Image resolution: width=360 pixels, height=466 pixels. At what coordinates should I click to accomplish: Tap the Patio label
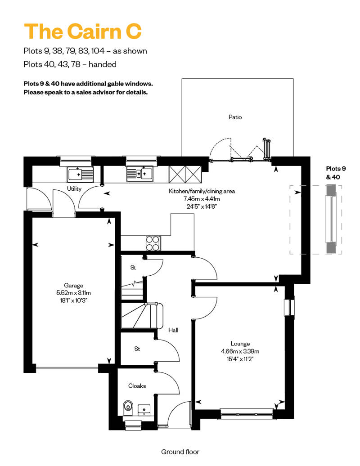tap(235, 117)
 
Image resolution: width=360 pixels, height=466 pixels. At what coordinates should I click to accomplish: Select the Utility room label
tap(74, 189)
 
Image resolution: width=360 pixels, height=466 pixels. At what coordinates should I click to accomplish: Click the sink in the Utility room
tap(80, 173)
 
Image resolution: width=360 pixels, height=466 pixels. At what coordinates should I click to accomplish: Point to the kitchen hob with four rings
tap(153, 243)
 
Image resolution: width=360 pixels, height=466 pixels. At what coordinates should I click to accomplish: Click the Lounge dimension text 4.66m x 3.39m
tap(240, 351)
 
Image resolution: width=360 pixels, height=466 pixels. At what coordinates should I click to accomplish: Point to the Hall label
tap(173, 330)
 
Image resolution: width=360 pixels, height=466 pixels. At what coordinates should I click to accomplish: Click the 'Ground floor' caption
tap(180, 452)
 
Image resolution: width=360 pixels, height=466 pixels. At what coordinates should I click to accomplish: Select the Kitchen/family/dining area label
tap(202, 191)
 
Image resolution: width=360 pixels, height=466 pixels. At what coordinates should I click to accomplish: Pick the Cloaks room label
tap(137, 385)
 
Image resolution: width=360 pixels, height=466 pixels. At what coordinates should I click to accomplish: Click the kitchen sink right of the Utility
tap(139, 173)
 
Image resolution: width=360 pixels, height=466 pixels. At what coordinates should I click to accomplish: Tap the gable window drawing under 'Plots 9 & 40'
tap(331, 219)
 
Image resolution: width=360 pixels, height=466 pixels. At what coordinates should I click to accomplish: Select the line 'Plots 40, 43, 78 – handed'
tap(70, 64)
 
